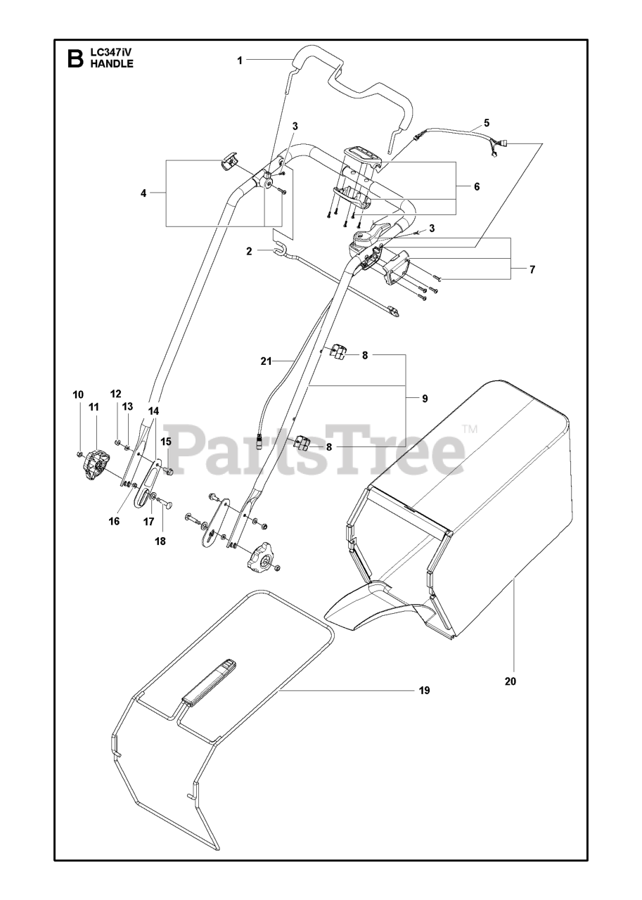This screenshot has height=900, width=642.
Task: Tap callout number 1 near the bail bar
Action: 240,61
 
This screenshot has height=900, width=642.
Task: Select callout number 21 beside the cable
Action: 266,361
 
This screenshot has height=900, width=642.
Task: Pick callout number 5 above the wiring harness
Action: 487,122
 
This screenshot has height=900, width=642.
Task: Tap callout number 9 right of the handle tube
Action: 425,399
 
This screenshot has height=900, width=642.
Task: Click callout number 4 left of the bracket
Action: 143,193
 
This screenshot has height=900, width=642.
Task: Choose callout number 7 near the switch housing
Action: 532,269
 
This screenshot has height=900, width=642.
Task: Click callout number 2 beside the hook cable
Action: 249,250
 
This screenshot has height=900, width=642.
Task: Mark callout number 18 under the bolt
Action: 161,541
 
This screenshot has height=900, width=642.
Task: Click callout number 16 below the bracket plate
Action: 115,521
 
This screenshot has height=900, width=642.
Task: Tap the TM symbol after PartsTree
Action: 469,429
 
